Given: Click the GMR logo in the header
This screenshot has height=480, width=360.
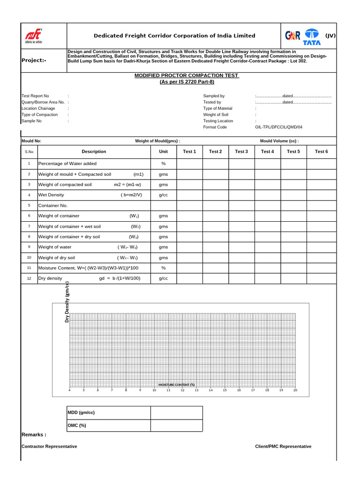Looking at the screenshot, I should point(292,36).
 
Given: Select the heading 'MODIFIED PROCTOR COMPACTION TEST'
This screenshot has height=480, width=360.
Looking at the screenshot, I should point(187,75).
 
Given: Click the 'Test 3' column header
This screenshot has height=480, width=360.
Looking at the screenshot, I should point(241,151).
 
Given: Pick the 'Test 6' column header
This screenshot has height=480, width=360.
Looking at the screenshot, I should point(321,151).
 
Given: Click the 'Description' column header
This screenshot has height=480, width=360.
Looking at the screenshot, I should point(94,151).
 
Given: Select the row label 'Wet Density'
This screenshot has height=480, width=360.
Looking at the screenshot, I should point(51,195).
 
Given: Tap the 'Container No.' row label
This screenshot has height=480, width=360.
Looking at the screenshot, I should point(53,205).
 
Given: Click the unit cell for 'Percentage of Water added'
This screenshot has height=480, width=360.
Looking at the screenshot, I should point(163,164).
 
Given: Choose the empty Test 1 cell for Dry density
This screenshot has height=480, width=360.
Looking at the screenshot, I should point(189,278).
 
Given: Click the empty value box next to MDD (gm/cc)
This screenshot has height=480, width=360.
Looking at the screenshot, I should point(176,412).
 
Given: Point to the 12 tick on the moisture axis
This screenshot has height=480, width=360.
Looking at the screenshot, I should point(182,390).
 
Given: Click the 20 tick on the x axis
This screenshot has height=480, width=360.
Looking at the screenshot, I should point(295,390).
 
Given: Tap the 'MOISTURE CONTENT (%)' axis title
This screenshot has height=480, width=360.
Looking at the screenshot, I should point(176,384).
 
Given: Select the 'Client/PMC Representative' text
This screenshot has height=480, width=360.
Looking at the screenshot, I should point(283,447).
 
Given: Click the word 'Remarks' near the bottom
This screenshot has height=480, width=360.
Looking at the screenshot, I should point(33,435).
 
